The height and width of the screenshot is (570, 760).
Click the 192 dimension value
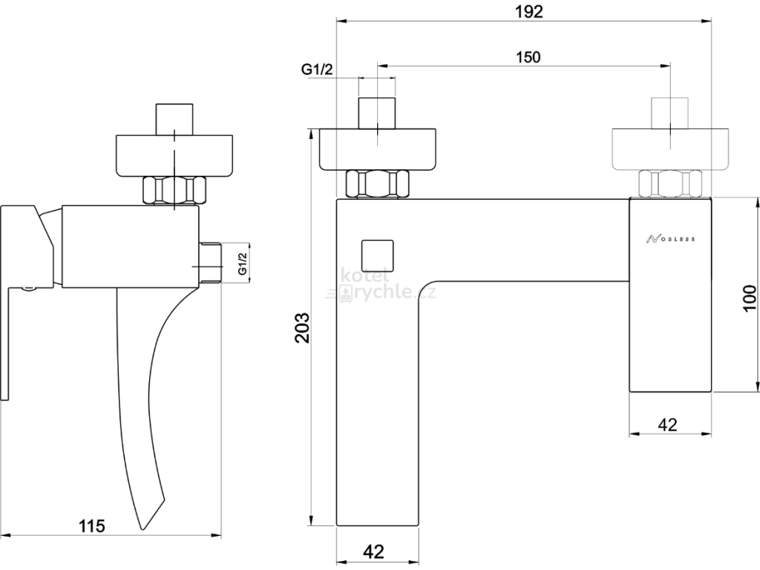tap(528, 12)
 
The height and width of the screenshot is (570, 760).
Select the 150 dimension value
tap(528, 57)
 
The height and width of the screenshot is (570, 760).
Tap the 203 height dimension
tap(303, 327)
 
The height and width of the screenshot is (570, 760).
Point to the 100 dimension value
tap(749, 298)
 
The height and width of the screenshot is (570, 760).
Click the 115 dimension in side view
tap(91, 525)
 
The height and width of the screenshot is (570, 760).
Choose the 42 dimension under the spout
tap(373, 551)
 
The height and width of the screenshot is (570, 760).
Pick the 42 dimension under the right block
tap(667, 425)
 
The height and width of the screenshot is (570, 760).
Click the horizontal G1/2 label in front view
tap(317, 69)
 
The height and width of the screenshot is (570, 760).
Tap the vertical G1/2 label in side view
tap(243, 263)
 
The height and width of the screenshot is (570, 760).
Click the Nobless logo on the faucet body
tap(670, 238)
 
